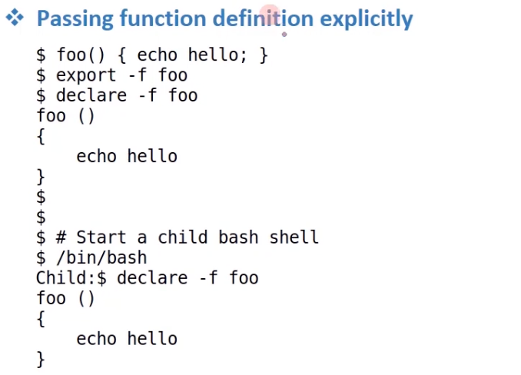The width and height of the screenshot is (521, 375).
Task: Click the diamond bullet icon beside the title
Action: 15,17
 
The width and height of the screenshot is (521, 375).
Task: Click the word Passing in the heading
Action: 75,19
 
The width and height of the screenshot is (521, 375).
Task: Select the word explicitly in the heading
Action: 367,19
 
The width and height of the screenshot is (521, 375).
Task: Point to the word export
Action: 86,75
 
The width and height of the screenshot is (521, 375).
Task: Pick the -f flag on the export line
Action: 138,75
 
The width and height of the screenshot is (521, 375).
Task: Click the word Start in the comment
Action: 101,237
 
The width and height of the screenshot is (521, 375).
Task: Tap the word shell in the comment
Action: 294,237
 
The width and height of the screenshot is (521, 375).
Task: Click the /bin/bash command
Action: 101,257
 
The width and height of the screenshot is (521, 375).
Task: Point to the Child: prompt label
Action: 66,277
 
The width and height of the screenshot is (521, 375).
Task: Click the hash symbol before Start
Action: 61,237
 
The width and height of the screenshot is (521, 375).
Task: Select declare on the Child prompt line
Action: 152,277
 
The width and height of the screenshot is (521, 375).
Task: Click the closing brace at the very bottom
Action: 41,360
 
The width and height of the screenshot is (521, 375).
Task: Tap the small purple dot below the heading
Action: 284,34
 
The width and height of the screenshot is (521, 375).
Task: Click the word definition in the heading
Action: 263,18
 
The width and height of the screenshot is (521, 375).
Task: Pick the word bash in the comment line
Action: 238,237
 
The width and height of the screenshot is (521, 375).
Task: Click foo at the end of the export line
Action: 173,75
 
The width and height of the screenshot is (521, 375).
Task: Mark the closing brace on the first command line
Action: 264,55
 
